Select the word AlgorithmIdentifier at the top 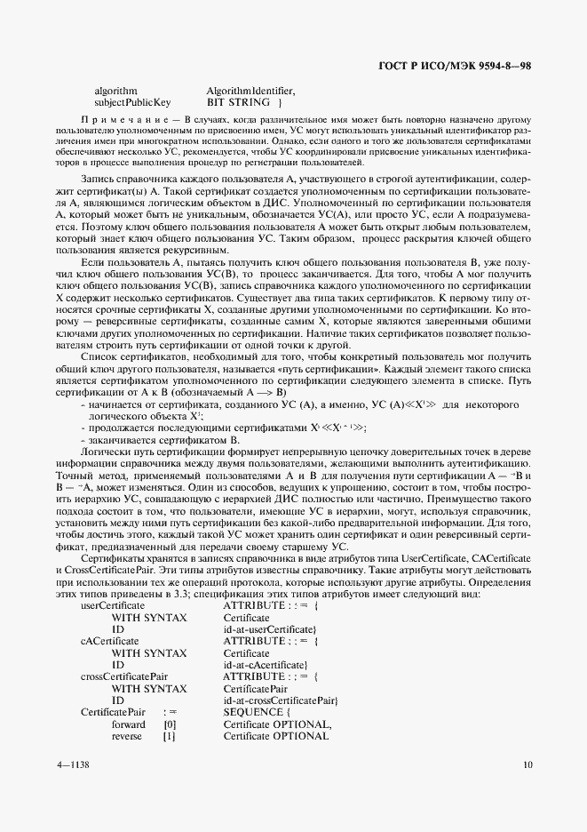tap(250, 91)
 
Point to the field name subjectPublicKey tap(132, 102)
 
